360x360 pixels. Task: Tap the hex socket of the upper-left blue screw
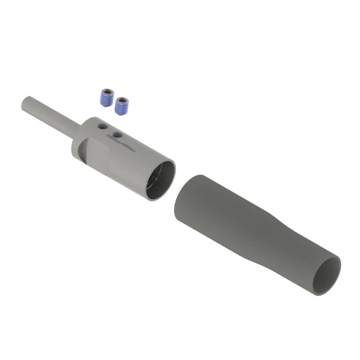108,92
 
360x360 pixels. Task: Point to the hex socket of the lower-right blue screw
122,100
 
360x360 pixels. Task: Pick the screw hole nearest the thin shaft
102,126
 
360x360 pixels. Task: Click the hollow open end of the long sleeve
326,276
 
